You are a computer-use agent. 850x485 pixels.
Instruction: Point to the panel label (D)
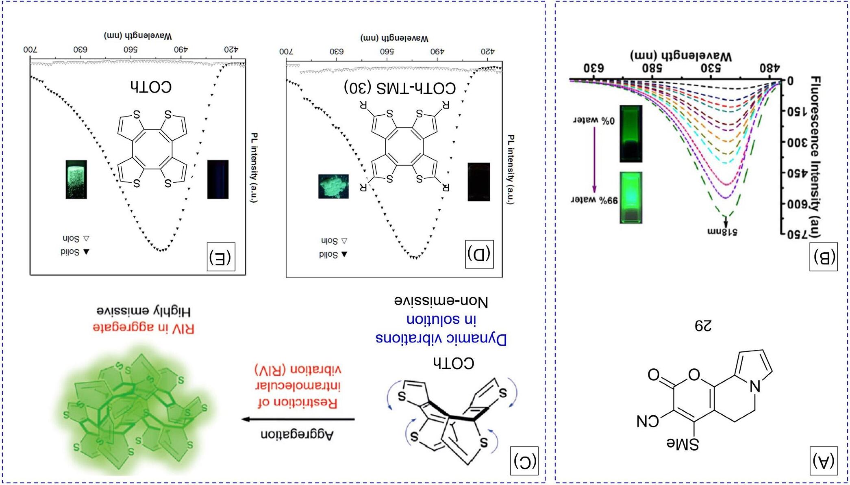tap(479, 254)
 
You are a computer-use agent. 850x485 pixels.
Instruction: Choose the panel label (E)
tap(220, 257)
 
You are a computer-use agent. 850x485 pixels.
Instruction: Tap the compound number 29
tap(703, 326)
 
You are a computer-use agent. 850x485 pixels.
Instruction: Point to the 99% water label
tap(595, 200)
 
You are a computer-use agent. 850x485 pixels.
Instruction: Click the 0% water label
tap(594, 121)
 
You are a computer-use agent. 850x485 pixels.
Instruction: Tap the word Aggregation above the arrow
tap(297, 435)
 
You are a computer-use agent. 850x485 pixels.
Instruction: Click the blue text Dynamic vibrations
tap(441, 338)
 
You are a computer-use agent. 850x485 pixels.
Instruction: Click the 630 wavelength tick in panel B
tap(593, 68)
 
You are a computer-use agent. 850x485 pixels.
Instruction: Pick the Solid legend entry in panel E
tap(75, 252)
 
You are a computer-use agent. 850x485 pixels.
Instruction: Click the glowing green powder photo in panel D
tap(333, 186)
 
